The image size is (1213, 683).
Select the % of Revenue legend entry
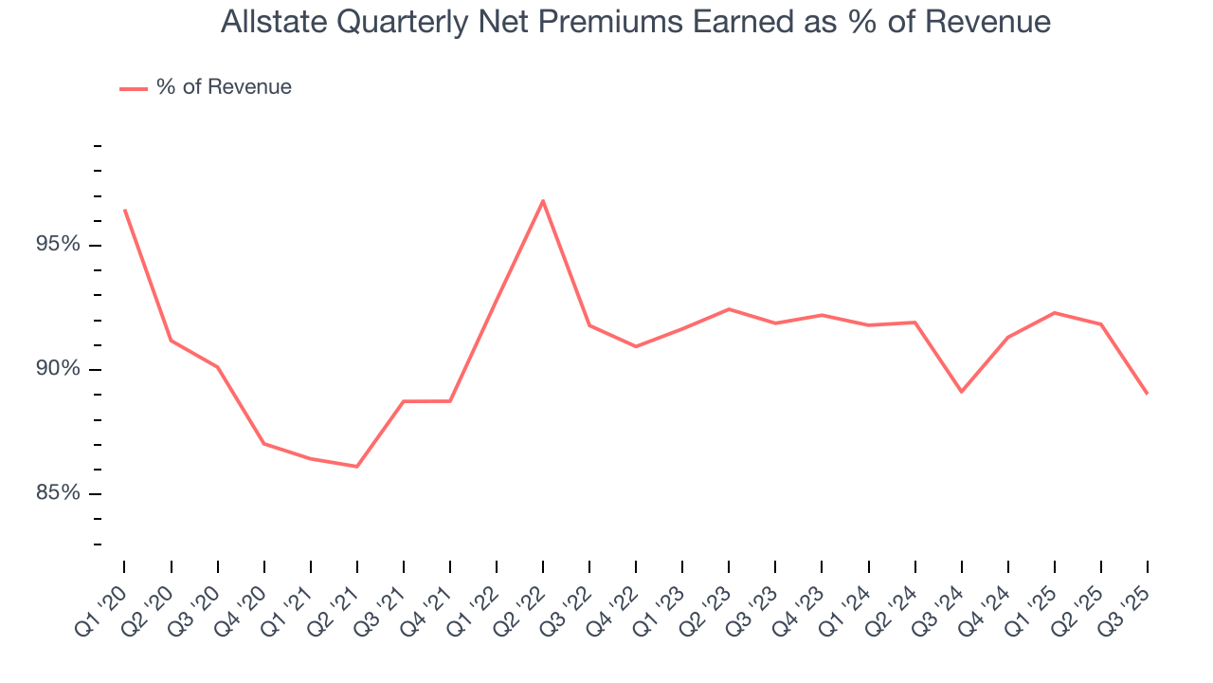point(206,87)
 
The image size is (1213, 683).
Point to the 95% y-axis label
point(58,245)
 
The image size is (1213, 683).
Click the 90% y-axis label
point(58,369)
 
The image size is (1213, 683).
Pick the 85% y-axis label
point(58,493)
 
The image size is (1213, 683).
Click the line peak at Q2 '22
point(543,200)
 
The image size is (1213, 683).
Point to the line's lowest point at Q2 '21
point(357,467)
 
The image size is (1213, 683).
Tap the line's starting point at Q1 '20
point(124,210)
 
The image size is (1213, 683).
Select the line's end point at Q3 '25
point(1148,394)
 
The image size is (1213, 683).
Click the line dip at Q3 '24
point(962,392)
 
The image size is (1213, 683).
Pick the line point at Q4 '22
point(636,346)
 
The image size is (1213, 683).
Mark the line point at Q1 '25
point(1055,312)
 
